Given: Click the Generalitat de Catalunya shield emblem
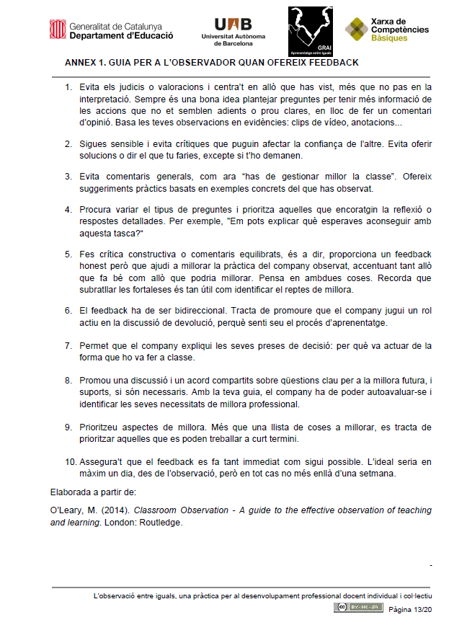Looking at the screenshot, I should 58,30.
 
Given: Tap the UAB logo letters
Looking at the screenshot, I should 233,23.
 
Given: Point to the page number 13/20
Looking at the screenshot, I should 422,609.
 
